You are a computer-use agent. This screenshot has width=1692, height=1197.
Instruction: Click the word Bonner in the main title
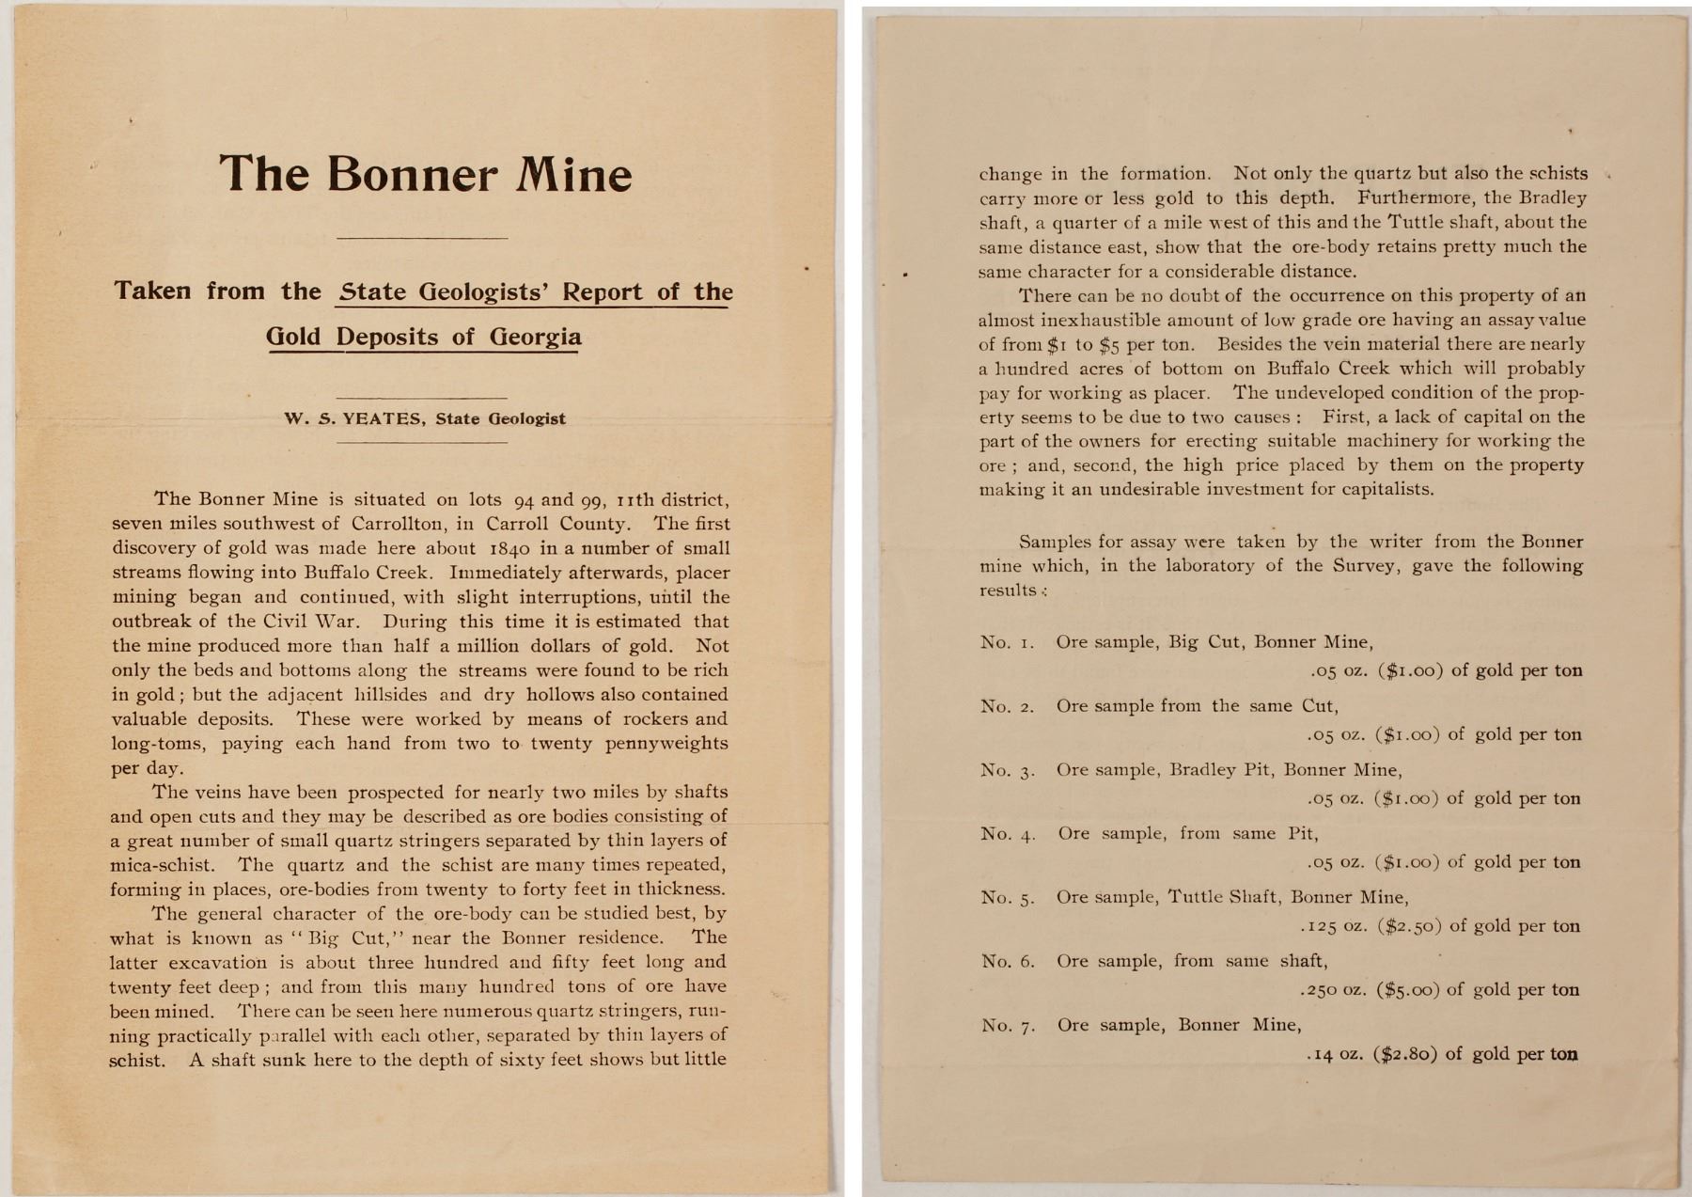tap(413, 174)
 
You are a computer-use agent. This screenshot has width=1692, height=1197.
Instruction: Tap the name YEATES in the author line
tap(386, 419)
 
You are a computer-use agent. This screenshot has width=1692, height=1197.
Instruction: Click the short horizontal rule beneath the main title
tap(421, 239)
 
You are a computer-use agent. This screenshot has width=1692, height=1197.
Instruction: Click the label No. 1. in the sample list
tap(1007, 643)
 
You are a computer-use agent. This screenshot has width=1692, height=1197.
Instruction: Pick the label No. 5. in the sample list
tap(1008, 898)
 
